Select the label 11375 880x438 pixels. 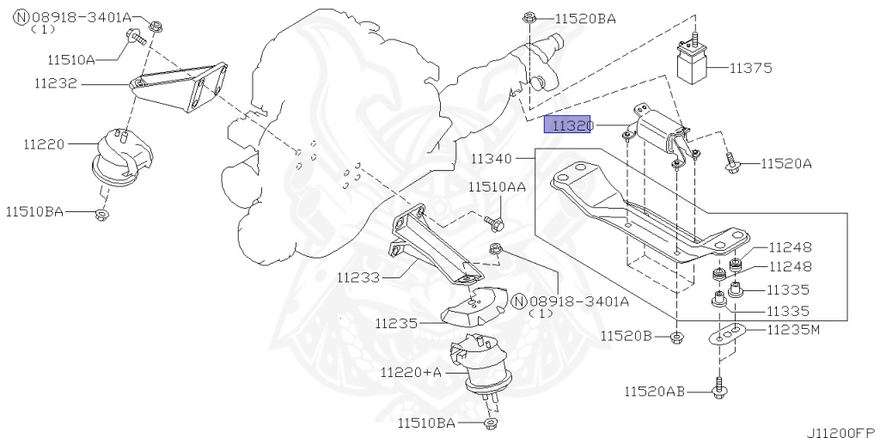coord(752,67)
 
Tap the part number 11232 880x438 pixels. coord(56,84)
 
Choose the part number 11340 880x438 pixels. coord(491,159)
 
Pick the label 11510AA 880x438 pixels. coord(497,186)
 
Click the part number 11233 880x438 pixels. coord(357,277)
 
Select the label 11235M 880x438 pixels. coord(789,330)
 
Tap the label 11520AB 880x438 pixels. coord(655,392)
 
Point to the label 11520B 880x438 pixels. coord(626,335)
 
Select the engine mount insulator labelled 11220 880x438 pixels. coord(118,157)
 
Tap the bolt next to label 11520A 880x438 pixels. coord(732,161)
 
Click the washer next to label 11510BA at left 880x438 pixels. coord(101,211)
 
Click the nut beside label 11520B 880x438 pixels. coord(677,336)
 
